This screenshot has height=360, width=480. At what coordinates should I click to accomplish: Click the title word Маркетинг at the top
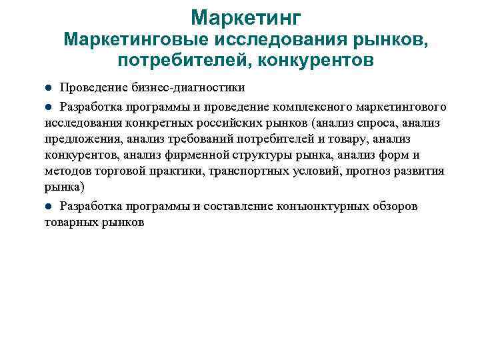click(x=245, y=16)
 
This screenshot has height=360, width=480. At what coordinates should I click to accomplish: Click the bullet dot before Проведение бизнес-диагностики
click(x=48, y=88)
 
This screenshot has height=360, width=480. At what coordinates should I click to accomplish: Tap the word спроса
click(x=365, y=123)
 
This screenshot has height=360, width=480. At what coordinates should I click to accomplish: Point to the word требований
click(x=189, y=139)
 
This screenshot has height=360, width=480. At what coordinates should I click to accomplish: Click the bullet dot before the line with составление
click(x=48, y=206)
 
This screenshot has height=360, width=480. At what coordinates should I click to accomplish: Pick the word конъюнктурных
click(x=323, y=206)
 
